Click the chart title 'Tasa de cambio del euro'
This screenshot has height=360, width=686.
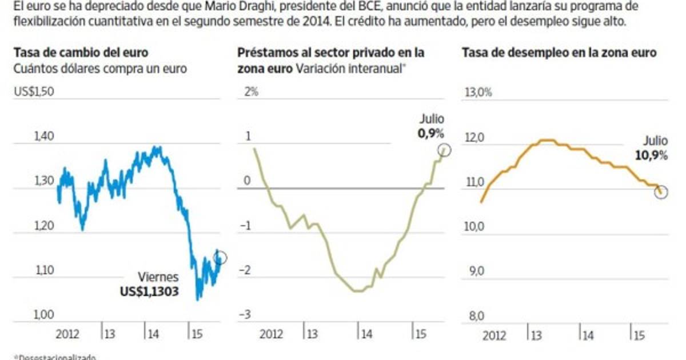click(x=81, y=53)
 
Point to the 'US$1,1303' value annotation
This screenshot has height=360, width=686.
click(x=149, y=291)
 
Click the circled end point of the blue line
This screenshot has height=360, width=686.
click(x=220, y=258)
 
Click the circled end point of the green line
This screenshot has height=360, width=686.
click(x=445, y=150)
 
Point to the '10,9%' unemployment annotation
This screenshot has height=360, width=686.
click(x=651, y=154)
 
